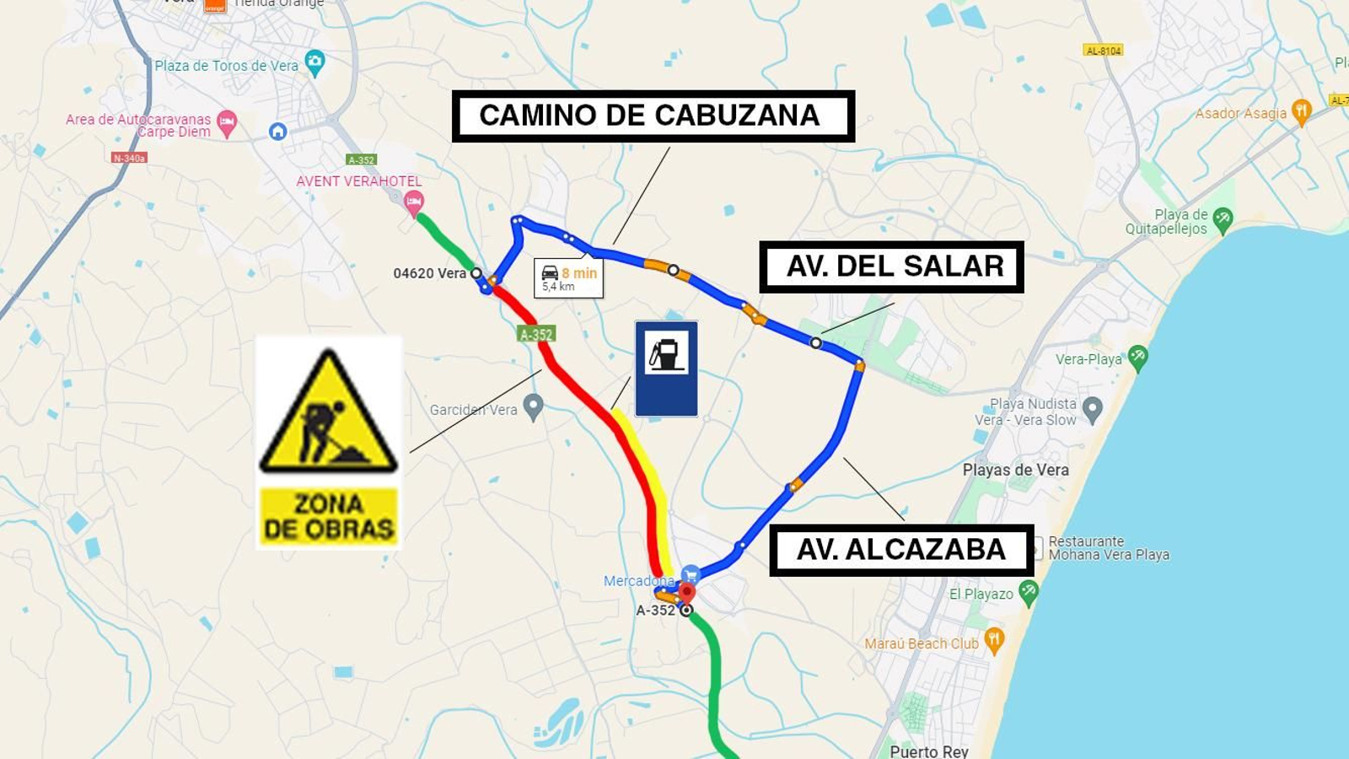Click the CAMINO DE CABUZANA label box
point(653,116)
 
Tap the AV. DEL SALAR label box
point(891,266)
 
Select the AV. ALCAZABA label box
point(900,550)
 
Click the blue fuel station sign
point(666,369)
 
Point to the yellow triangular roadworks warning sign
point(329,412)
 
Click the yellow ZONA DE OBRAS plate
point(328,516)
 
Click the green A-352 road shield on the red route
point(536,334)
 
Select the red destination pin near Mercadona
point(687,592)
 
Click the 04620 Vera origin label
point(429,273)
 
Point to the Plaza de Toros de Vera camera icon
point(315,62)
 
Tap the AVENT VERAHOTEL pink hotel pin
point(413,202)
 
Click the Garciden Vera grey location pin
point(533,407)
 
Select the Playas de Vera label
point(1015,470)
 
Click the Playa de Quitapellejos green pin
point(1223,220)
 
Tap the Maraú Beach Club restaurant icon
point(995,640)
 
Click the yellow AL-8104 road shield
point(1104,51)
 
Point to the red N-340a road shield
point(129,158)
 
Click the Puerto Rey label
point(929,751)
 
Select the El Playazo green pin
point(1028,593)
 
